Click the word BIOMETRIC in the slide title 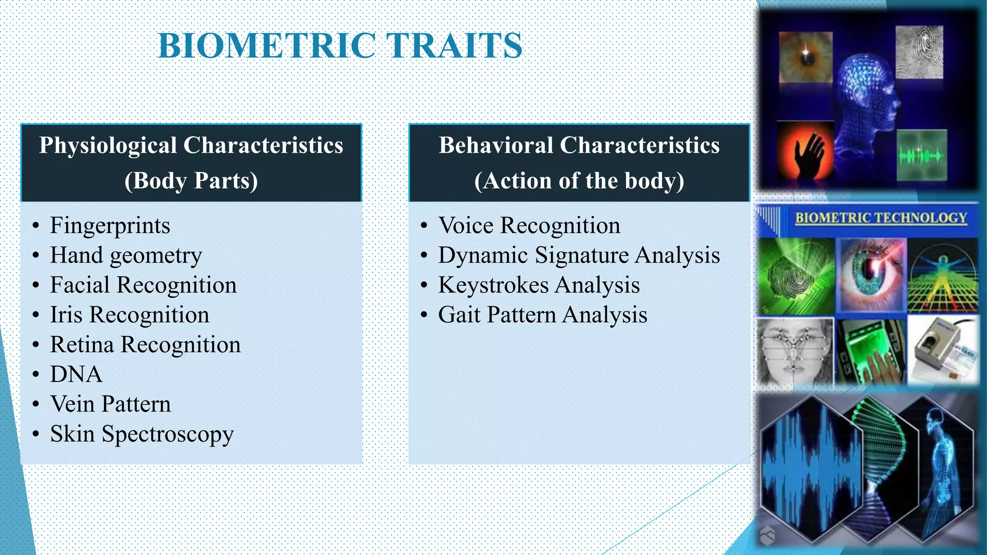tap(267, 46)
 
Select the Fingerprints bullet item tap(110, 225)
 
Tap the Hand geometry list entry tap(126, 255)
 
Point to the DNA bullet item tap(76, 374)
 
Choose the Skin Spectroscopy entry tap(142, 434)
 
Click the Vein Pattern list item tap(110, 404)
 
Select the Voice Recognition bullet tap(529, 225)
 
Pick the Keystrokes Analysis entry tap(538, 285)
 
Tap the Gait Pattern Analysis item tap(542, 315)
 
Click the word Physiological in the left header tap(107, 145)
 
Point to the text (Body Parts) tap(191, 181)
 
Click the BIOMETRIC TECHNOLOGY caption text tap(881, 218)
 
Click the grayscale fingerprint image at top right tap(920, 52)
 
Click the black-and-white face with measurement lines tap(795, 352)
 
